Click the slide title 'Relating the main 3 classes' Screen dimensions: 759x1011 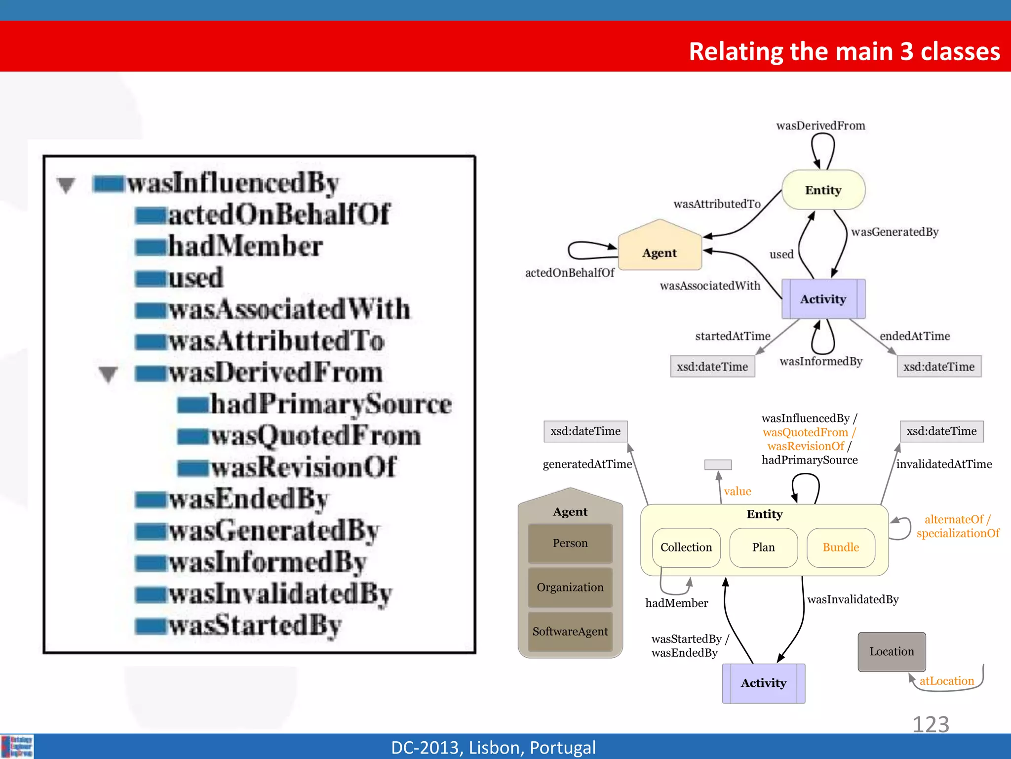point(844,51)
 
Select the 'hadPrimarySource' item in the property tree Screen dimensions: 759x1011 point(331,404)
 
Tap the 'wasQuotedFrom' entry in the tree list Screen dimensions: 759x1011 point(316,436)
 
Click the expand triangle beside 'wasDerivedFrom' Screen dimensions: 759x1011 point(108,374)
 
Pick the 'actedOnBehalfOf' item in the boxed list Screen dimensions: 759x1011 point(279,214)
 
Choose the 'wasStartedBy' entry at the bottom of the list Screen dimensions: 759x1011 point(255,626)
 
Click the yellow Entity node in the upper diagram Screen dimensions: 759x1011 point(823,190)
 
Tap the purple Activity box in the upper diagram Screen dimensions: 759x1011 point(823,299)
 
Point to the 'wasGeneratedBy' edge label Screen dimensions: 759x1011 point(894,232)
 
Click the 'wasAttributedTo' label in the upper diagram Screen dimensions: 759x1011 point(717,204)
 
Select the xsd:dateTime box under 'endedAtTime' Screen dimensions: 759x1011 point(938,367)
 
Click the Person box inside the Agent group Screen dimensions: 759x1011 point(570,543)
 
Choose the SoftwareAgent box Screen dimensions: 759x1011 point(570,632)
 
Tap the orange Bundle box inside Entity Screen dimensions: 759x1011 point(841,548)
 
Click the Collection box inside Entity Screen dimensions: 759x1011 point(686,548)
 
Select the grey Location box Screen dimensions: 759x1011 point(892,652)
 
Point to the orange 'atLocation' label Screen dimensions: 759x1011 point(946,681)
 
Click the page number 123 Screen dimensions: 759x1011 point(931,724)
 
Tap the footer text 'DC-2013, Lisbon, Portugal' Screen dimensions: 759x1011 point(493,748)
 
